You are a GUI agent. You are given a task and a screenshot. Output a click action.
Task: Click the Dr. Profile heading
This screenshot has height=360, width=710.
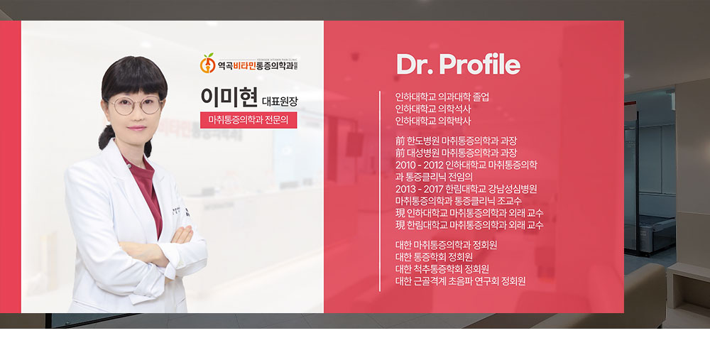click(458, 64)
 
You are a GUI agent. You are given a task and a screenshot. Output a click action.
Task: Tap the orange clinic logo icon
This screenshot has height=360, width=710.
click(208, 63)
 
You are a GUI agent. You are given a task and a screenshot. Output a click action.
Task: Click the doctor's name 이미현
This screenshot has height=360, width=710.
click(229, 96)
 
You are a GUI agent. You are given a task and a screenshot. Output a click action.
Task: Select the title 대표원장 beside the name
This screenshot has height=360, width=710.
click(280, 101)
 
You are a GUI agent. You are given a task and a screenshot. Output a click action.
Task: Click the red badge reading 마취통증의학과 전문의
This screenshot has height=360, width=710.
click(248, 120)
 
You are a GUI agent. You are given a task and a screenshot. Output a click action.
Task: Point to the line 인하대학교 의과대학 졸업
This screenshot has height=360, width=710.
click(442, 97)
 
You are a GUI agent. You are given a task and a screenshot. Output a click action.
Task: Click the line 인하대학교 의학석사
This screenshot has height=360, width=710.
click(433, 109)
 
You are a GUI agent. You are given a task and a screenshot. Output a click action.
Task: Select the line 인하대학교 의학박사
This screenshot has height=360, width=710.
click(433, 121)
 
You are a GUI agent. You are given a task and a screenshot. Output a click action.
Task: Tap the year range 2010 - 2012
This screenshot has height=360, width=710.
click(420, 165)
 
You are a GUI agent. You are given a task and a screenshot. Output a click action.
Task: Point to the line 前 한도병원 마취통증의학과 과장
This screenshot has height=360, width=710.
click(456, 141)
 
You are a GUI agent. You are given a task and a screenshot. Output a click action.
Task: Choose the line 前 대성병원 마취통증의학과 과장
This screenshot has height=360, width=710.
click(456, 153)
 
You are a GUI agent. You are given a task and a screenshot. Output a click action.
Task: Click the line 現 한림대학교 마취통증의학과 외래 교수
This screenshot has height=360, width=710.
click(469, 225)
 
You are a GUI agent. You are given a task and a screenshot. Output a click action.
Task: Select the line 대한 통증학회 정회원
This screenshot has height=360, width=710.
click(434, 257)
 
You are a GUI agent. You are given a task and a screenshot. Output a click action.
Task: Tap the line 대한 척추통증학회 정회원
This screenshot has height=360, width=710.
click(442, 269)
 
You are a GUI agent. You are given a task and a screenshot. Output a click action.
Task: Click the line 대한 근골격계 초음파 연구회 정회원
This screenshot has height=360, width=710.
click(461, 281)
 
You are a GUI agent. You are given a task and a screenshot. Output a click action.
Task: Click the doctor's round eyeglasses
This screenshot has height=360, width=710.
click(136, 106)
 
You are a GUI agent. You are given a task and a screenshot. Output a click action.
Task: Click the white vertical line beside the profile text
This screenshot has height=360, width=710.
click(379, 191)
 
